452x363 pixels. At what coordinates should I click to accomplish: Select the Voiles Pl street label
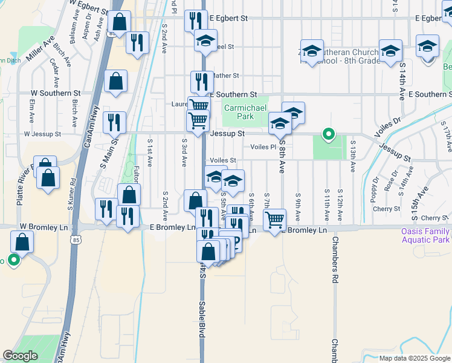point(263,146)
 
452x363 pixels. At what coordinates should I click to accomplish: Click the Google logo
point(20,356)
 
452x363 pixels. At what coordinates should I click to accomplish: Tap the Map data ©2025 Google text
point(415,358)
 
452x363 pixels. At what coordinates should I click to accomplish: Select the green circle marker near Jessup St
point(328,134)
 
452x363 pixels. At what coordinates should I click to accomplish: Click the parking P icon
point(236,244)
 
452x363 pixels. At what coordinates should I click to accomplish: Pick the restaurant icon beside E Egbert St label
point(195,21)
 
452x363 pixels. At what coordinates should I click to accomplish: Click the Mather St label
point(226,76)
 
